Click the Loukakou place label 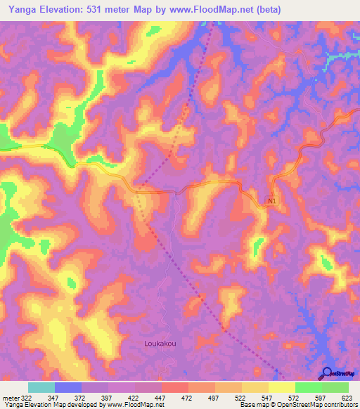click(159, 344)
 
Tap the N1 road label click(272, 202)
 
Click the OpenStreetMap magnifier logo click(327, 373)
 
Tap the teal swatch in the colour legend click(41, 387)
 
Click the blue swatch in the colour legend click(68, 387)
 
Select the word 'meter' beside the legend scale click(10, 397)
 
